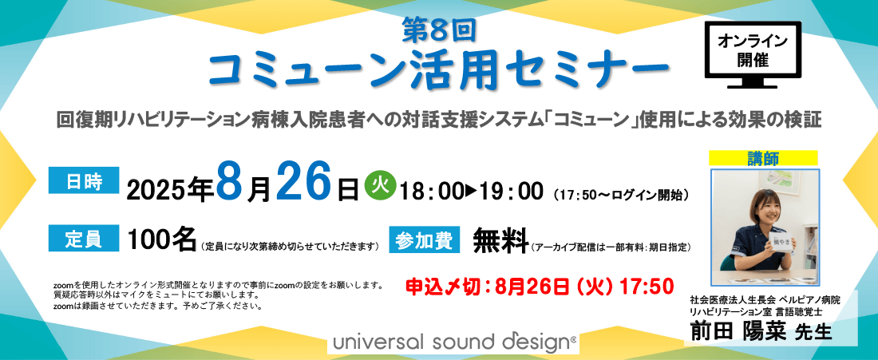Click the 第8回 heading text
[439, 32]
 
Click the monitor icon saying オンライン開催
[753, 54]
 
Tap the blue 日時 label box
[84, 180]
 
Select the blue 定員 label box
[84, 238]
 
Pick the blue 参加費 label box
[425, 239]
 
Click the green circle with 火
[380, 184]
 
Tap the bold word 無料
[500, 240]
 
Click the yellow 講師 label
[763, 158]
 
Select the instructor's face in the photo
[765, 207]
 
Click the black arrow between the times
[471, 192]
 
